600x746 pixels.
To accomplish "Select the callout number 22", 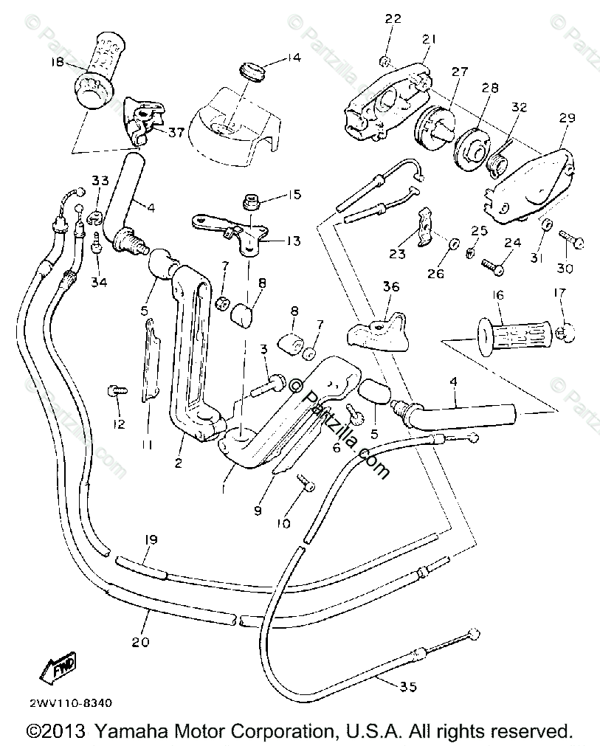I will pyautogui.click(x=392, y=18).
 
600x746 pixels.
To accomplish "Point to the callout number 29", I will pyautogui.click(x=567, y=118).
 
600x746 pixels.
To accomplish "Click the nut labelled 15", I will pyautogui.click(x=249, y=200).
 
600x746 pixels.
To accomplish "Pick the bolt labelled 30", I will pyautogui.click(x=570, y=240).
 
